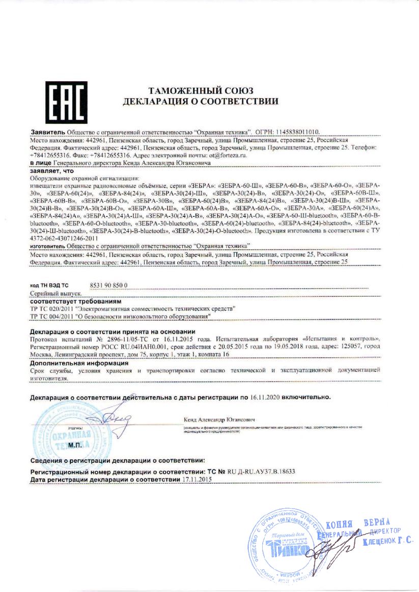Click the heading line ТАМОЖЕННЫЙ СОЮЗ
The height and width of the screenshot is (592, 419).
pos(201,90)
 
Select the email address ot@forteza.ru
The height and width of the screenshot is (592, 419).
pos(224,155)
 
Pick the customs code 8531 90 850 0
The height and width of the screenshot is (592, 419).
pos(108,286)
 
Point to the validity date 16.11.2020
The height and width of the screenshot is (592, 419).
pos(264,396)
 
